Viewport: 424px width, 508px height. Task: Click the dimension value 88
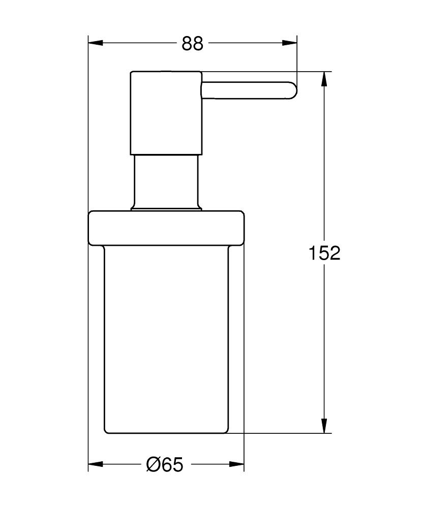192,43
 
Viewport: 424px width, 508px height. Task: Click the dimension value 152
324,252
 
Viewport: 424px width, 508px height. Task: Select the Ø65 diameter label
165,465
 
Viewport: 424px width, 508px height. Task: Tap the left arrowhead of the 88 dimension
96,43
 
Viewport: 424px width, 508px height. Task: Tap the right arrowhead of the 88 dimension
289,43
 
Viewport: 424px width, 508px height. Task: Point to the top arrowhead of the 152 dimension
324,79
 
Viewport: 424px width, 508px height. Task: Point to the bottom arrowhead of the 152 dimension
324,425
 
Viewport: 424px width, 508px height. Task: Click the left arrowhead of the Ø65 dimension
96,464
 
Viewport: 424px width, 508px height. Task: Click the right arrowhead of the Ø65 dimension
236,464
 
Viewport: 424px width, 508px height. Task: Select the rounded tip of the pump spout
293,90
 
